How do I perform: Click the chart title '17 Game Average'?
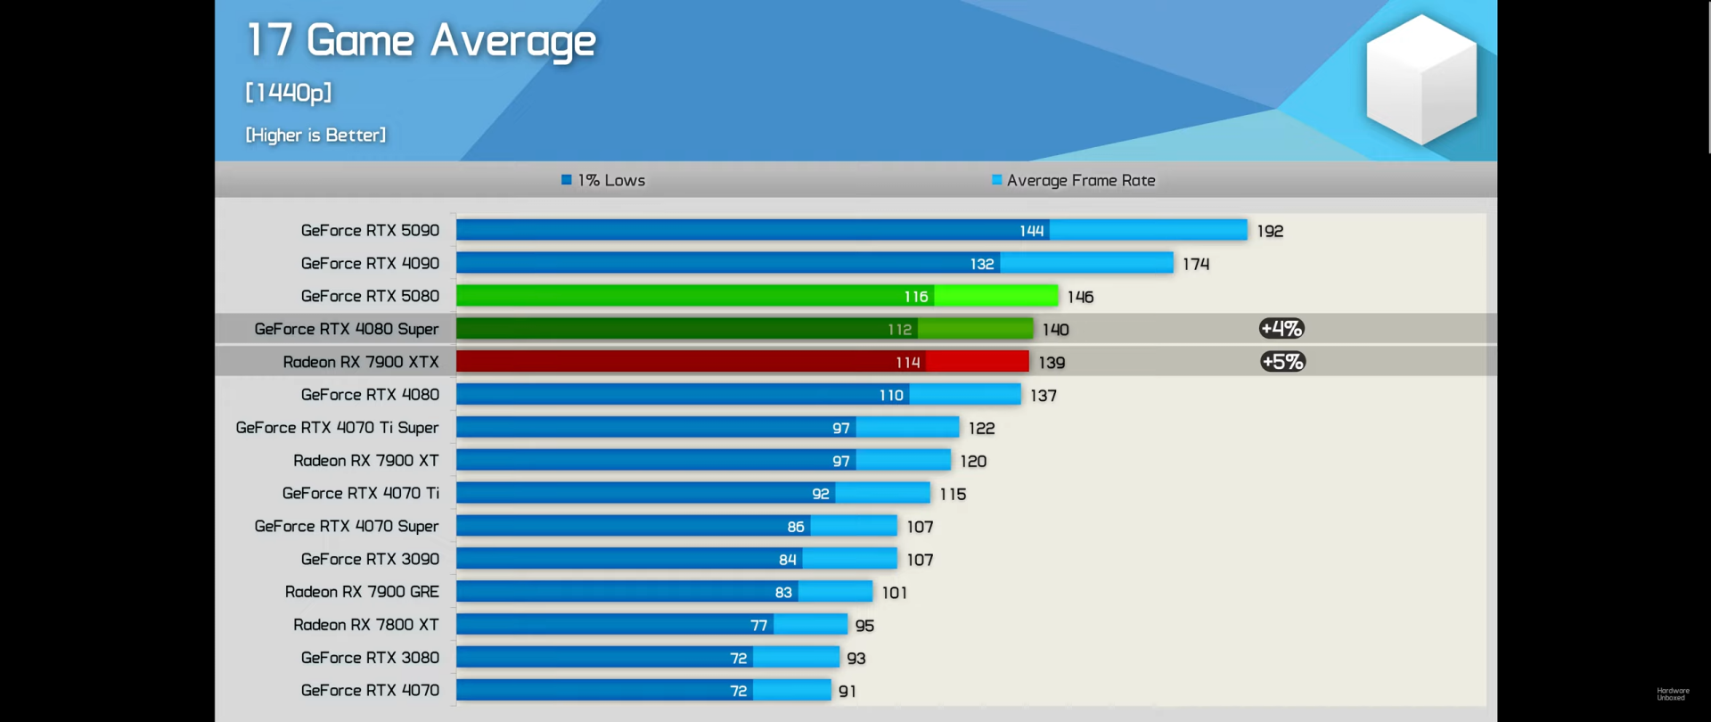coord(421,41)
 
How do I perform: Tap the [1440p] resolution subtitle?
coord(289,92)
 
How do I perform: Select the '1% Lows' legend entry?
coord(603,180)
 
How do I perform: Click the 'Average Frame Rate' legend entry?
coord(1074,180)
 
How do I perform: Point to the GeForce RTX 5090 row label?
coord(370,230)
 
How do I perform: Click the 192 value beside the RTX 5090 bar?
coord(1270,231)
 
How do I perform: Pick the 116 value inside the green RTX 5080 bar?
coord(916,296)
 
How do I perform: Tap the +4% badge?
coord(1281,329)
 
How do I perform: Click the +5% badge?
coord(1282,362)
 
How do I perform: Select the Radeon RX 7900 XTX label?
coord(361,362)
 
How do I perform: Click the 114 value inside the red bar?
coord(908,362)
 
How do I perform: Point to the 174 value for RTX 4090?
coord(1196,264)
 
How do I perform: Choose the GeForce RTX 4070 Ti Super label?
coord(337,428)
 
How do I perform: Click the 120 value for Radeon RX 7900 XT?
coord(973,461)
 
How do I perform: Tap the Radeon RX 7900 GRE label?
coord(362,592)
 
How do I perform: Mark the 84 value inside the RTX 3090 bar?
coord(788,560)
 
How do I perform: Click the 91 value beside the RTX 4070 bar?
coord(847,691)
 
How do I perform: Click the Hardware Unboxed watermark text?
coord(1673,693)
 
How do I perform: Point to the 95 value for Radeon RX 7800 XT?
coord(864,626)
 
